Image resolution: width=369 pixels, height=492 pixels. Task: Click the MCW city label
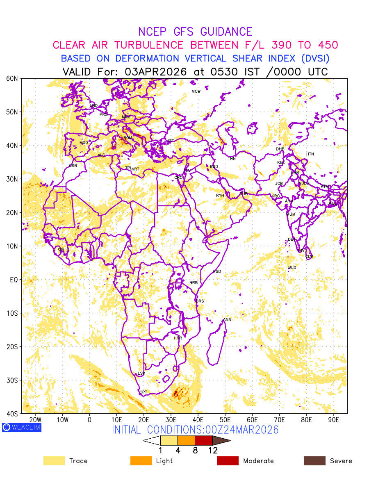196,91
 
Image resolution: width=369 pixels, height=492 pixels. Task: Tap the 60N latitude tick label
12,78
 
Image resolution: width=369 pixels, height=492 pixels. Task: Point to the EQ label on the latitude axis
14,280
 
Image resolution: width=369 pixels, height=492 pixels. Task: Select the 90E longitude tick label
334,420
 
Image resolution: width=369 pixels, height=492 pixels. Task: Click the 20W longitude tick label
35,420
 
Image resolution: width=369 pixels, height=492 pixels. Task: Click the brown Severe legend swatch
314,461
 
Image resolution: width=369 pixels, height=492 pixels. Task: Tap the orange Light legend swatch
141,461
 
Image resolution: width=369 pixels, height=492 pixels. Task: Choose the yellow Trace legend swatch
54,461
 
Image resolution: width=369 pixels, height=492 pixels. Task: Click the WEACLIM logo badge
22,427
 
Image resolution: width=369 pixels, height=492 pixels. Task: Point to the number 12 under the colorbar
212,450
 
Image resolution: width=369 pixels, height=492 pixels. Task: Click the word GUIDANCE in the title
226,32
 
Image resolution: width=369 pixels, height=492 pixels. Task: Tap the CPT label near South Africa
143,392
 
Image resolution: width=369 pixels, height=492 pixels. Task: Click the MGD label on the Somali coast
216,272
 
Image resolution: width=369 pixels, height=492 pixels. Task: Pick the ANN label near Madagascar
227,320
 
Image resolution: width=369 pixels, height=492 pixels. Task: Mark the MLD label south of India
292,268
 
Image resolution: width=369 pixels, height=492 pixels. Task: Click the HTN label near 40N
310,154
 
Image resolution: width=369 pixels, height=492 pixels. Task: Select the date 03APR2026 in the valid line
156,72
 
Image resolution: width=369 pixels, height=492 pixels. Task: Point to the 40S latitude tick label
12,413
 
